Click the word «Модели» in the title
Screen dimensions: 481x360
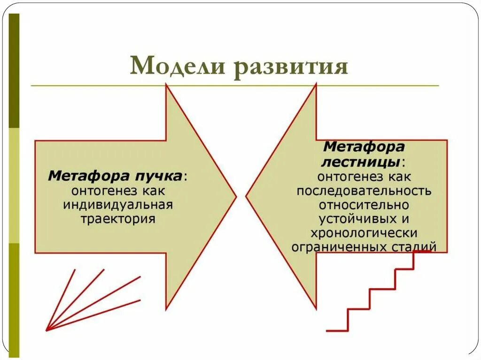(177, 66)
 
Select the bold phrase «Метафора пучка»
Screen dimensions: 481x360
(115, 176)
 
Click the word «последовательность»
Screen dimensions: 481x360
(364, 191)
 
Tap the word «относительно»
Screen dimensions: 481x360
(364, 205)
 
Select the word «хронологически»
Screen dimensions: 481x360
(364, 233)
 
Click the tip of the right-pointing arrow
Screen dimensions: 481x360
(235, 197)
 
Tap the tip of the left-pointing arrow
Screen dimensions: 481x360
(247, 197)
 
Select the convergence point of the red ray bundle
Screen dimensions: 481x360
(47, 330)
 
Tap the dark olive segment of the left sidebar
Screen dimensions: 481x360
(14, 70)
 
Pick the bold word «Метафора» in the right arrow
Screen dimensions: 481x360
(364, 147)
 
